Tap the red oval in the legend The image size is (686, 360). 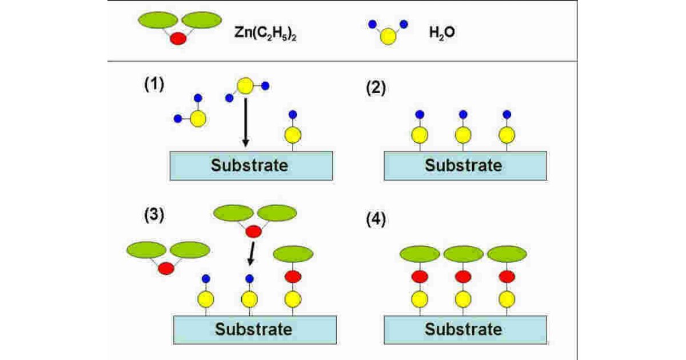tap(178, 39)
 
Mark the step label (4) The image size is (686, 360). tap(376, 221)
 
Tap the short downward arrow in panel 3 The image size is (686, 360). tap(250, 253)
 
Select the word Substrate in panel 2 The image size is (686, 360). tap(464, 166)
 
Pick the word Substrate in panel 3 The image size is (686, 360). tap(253, 329)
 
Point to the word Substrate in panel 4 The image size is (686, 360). tap(464, 329)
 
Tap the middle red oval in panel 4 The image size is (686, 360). tap(463, 277)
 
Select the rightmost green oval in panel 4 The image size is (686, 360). tap(507, 254)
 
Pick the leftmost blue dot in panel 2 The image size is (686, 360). tap(420, 114)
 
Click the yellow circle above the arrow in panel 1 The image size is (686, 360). tap(245, 86)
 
